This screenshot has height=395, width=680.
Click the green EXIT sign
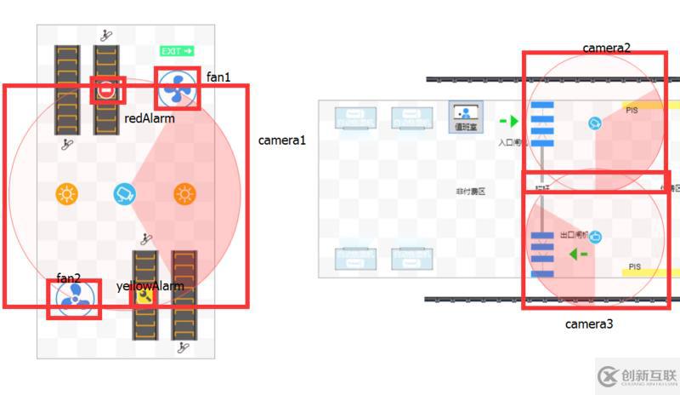177,51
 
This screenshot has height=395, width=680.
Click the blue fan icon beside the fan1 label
178,88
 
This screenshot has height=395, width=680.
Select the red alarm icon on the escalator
107,89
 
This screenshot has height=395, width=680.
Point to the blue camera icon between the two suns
125,194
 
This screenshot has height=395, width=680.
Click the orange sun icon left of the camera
66,194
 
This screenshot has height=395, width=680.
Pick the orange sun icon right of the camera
184,194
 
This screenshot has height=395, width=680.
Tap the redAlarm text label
150,118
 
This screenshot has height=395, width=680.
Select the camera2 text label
607,49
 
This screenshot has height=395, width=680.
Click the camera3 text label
589,324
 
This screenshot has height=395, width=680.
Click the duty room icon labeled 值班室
465,116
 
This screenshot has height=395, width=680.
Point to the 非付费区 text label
470,192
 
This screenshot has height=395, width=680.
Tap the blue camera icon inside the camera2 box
594,123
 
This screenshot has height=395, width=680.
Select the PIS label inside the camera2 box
632,110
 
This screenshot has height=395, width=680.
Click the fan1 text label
218,77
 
